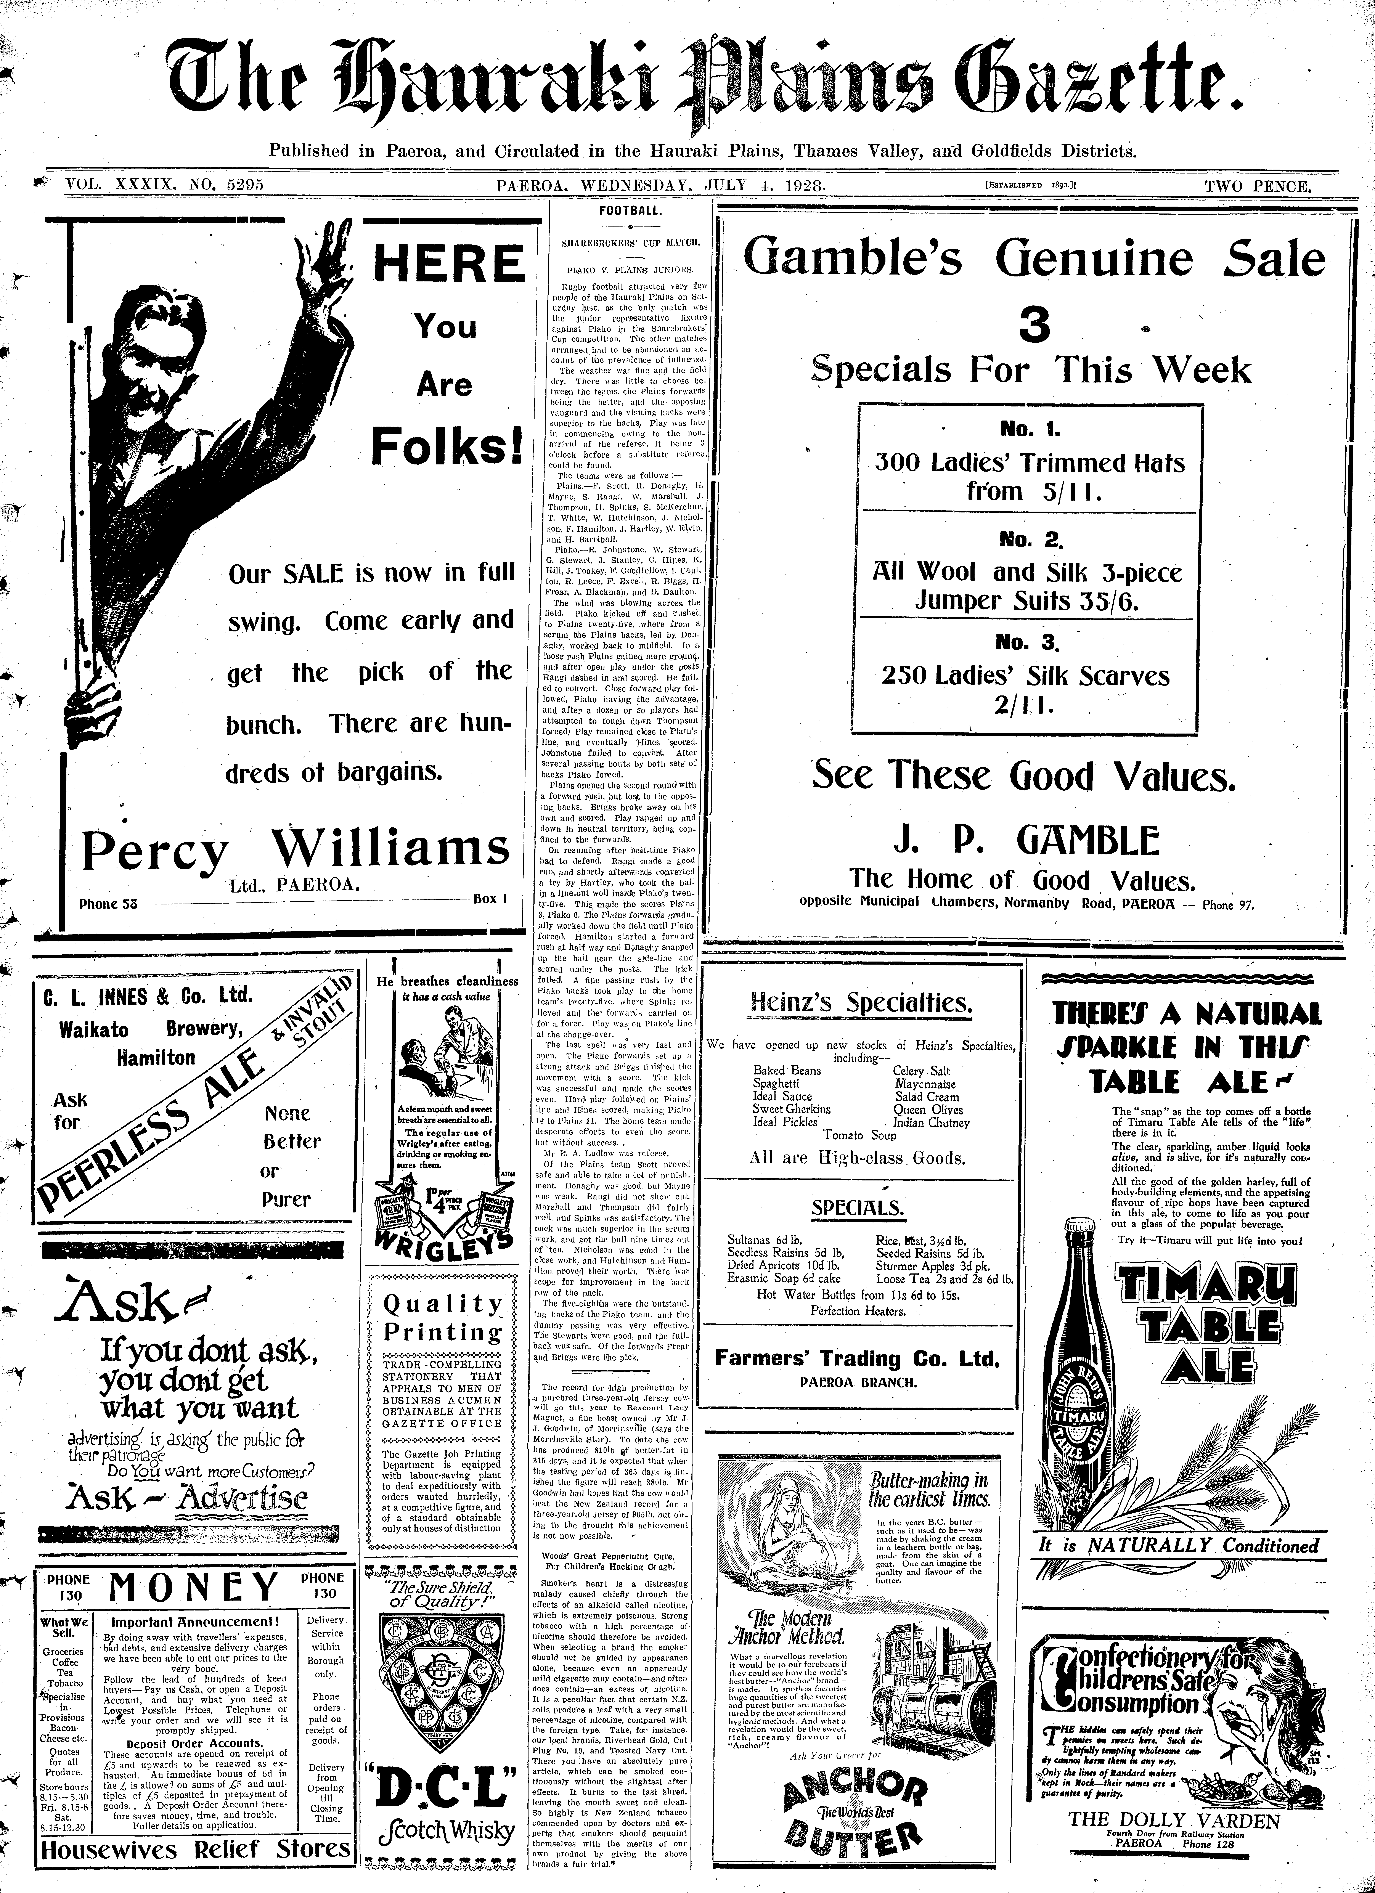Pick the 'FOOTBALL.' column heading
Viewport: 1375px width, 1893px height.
coord(630,211)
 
